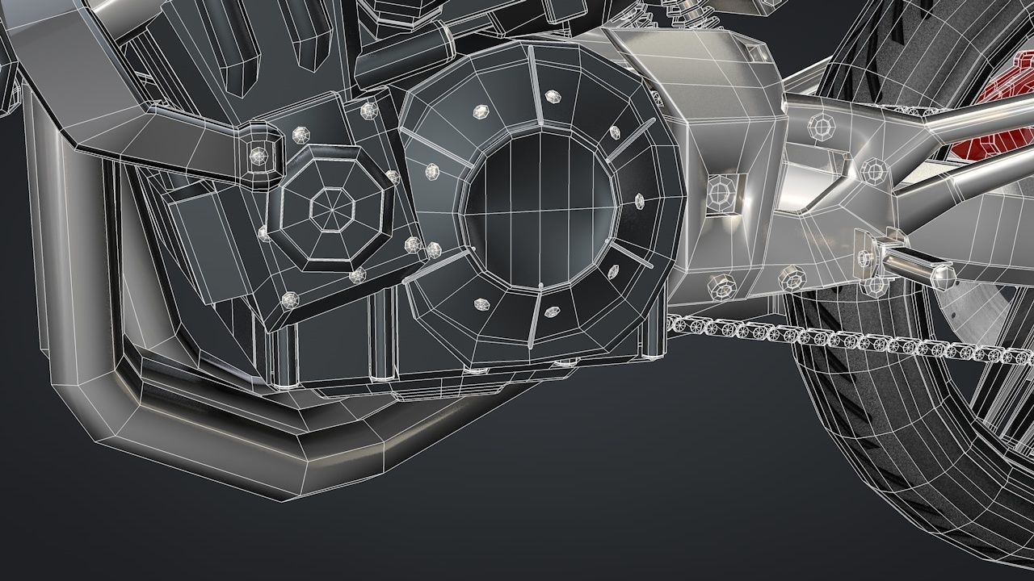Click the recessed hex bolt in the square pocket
pyautogui.click(x=718, y=190)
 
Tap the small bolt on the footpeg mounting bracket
pyautogui.click(x=865, y=257)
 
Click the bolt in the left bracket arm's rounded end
pyautogui.click(x=259, y=154)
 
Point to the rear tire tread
pyautogui.click(x=889, y=452)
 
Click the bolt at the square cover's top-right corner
pyautogui.click(x=370, y=109)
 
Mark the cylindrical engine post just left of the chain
pyautogui.click(x=653, y=335)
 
